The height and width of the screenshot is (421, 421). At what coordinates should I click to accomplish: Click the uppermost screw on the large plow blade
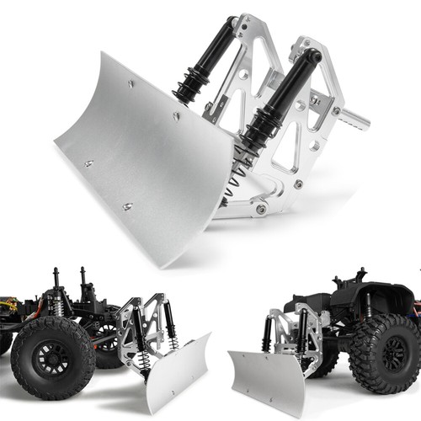click(x=131, y=83)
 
